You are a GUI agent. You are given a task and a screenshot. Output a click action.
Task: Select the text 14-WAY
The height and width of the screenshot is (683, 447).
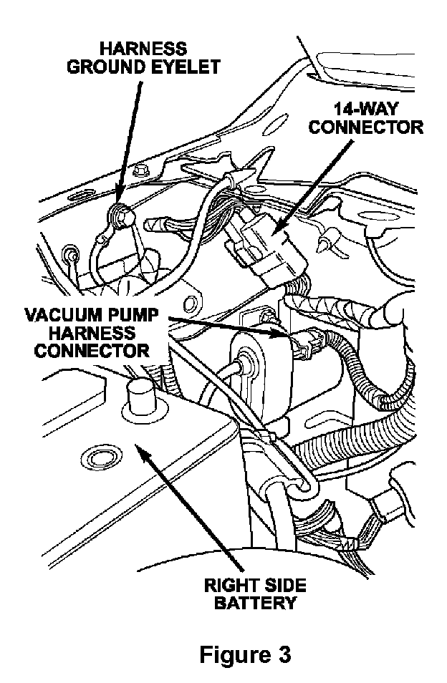(366, 110)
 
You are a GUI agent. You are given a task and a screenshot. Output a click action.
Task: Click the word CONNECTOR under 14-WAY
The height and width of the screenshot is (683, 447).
(367, 127)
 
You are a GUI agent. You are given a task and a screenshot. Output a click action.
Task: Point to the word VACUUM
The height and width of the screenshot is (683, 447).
(57, 316)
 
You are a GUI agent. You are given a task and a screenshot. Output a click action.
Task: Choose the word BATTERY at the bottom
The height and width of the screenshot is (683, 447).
(257, 602)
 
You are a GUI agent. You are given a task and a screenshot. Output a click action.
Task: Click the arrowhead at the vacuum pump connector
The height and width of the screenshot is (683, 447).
(287, 334)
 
